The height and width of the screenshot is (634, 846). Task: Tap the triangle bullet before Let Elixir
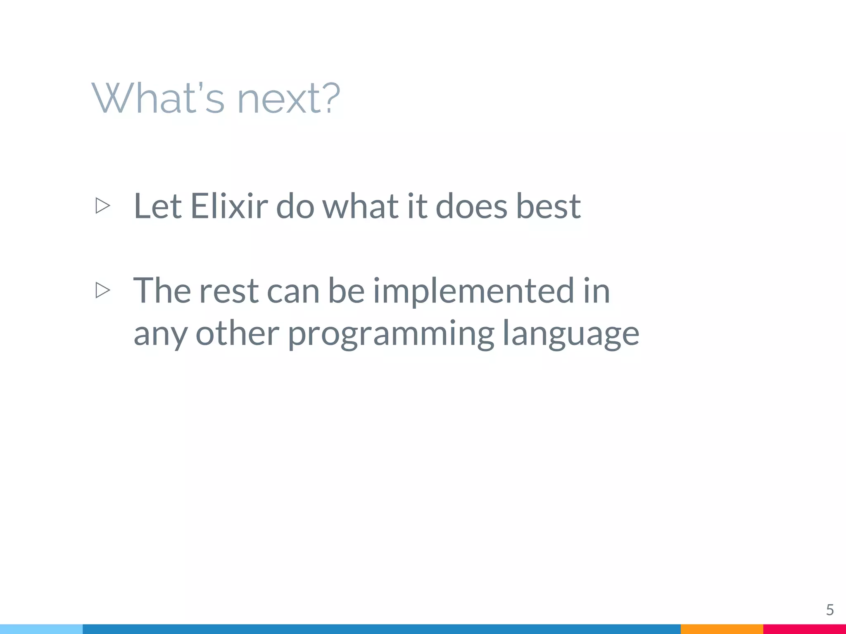click(x=102, y=206)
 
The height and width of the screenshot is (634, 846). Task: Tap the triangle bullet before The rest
click(x=102, y=290)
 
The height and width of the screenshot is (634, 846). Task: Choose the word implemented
click(x=473, y=291)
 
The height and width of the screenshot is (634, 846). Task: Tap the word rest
click(x=229, y=291)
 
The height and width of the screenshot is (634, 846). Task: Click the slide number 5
click(x=829, y=610)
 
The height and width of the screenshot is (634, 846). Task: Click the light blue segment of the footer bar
click(x=41, y=629)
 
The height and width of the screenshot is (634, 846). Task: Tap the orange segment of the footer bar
click(x=722, y=629)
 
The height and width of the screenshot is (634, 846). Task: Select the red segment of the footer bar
click(x=804, y=629)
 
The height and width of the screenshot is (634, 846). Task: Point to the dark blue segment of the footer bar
click(x=381, y=629)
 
